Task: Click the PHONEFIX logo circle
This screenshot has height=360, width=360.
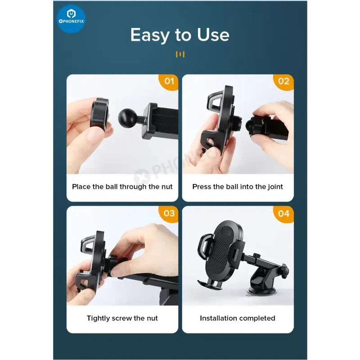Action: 71,19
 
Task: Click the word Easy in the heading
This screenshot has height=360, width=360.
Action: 150,35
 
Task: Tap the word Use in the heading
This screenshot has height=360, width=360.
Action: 213,35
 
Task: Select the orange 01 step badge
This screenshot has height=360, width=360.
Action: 169,82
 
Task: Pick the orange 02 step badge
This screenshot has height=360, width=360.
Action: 283,82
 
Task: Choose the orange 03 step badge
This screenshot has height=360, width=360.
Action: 169,214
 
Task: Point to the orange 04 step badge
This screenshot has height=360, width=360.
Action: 283,214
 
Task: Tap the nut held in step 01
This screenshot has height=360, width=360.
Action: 99,114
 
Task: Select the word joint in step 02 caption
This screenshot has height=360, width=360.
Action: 275,187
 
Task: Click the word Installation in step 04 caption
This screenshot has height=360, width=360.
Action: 216,318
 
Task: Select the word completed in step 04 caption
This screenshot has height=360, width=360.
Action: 255,319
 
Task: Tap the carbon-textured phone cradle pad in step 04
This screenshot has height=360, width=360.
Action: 221,252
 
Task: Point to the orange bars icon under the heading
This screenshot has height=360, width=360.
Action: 180,54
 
